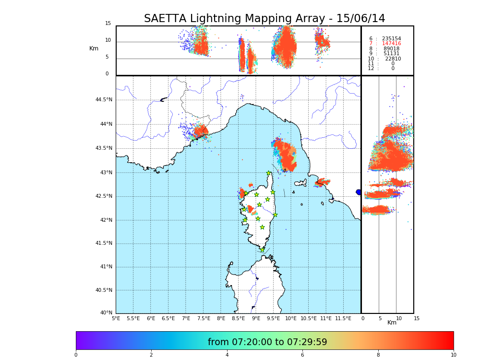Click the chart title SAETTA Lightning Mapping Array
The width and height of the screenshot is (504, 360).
point(264,19)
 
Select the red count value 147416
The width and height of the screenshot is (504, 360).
point(391,44)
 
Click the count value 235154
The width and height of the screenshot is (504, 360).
point(391,39)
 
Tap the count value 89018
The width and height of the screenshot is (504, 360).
point(391,49)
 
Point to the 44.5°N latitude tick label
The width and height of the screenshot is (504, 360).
point(104,100)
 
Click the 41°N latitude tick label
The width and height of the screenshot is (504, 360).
point(106,267)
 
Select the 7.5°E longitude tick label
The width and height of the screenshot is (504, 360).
point(204,318)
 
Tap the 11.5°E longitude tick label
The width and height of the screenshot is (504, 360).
point(343,318)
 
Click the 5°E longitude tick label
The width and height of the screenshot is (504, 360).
point(116,318)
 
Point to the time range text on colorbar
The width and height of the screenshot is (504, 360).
point(267,342)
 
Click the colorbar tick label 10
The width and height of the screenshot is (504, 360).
point(453,355)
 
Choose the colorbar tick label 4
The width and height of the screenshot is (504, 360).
point(227,355)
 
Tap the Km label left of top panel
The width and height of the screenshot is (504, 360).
point(94,48)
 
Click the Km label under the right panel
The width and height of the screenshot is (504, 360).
point(392,323)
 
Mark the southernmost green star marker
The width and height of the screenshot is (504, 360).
point(262,250)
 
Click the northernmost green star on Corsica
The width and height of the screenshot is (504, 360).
point(269,173)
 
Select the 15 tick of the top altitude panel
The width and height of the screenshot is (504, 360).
point(108,24)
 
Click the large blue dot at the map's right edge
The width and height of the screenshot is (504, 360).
point(359,192)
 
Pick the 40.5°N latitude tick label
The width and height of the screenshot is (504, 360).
point(104,290)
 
